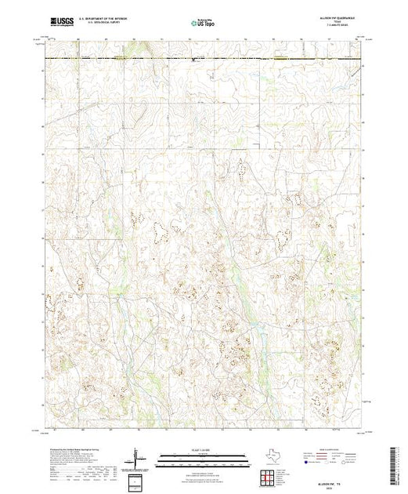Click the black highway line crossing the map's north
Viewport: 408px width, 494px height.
click(204, 58)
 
